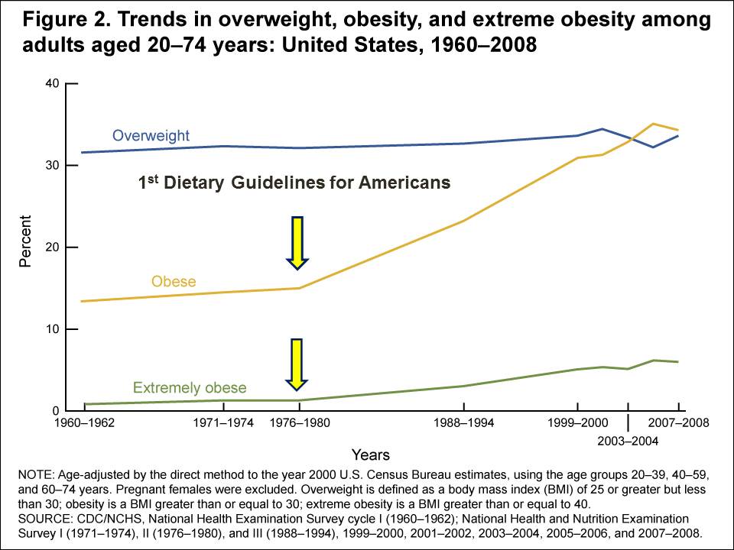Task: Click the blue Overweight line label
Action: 151,136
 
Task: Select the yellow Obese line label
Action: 174,282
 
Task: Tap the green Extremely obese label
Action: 190,388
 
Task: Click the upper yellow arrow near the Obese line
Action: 297,242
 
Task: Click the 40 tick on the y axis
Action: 52,83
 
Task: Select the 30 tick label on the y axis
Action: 52,166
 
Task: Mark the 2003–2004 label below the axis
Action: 628,441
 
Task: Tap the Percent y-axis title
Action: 25,247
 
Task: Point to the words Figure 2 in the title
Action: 59,20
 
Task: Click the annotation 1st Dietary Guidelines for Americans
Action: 294,183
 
